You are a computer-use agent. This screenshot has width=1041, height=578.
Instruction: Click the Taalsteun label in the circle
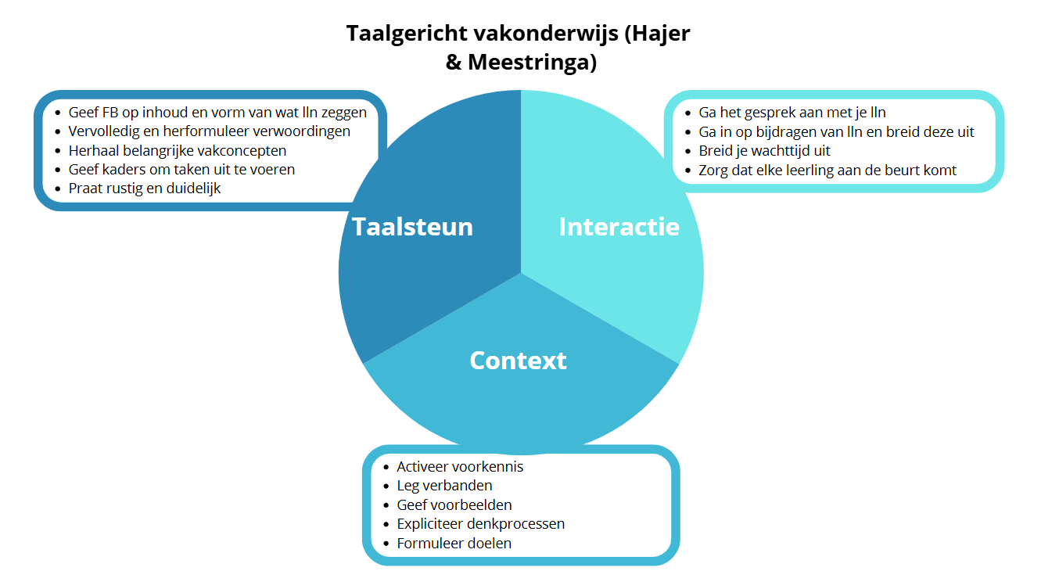412,227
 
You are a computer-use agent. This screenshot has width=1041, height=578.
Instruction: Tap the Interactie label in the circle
619,227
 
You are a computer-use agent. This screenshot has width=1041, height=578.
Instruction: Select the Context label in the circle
519,361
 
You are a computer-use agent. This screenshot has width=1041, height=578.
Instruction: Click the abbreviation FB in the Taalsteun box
110,113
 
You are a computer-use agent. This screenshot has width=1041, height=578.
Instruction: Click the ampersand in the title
453,63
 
